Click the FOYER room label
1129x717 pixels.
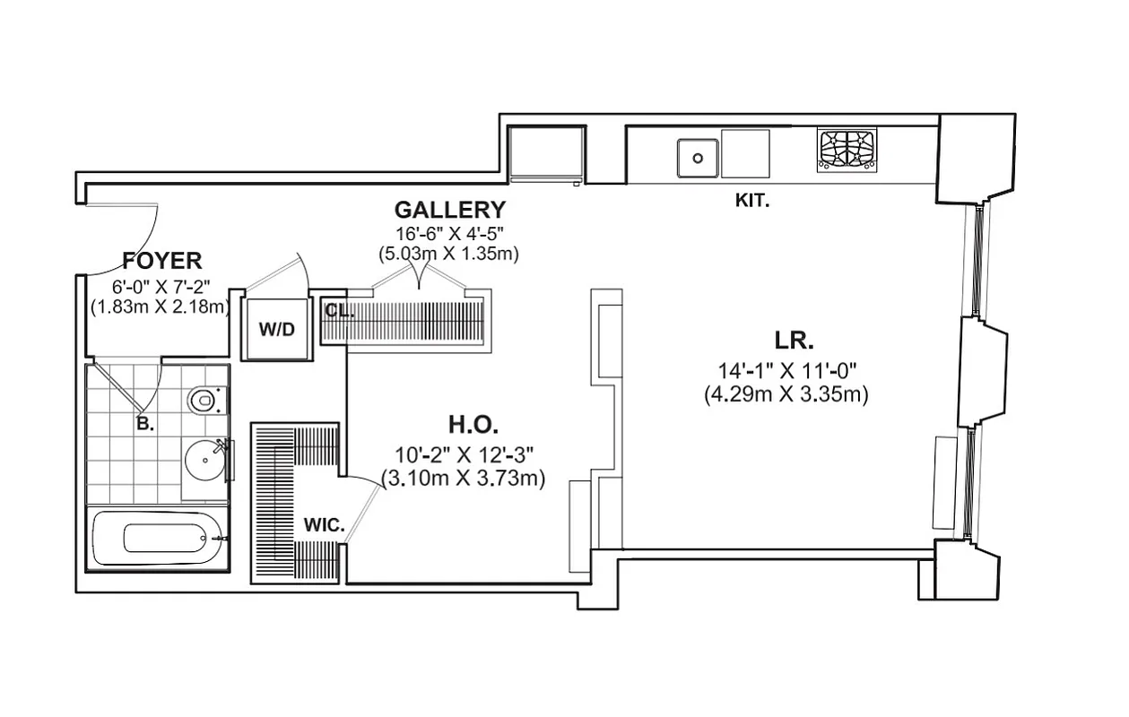pos(162,261)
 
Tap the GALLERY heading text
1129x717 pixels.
pos(449,210)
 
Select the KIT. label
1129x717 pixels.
pos(751,201)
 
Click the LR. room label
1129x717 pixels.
pos(794,341)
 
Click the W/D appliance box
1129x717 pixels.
pos(276,329)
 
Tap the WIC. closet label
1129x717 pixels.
pos(324,526)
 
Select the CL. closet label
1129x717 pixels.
pos(339,310)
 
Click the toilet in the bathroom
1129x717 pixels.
pos(204,399)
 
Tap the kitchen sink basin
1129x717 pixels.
pos(698,158)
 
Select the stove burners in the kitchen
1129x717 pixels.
pos(847,151)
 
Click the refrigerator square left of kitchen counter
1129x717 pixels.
pos(546,152)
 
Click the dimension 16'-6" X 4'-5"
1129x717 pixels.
pos(449,234)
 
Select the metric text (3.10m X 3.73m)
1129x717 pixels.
pos(463,479)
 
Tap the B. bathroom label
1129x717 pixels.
pos(144,425)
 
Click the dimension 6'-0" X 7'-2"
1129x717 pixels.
pos(162,287)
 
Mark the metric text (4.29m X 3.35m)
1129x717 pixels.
pos(786,393)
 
